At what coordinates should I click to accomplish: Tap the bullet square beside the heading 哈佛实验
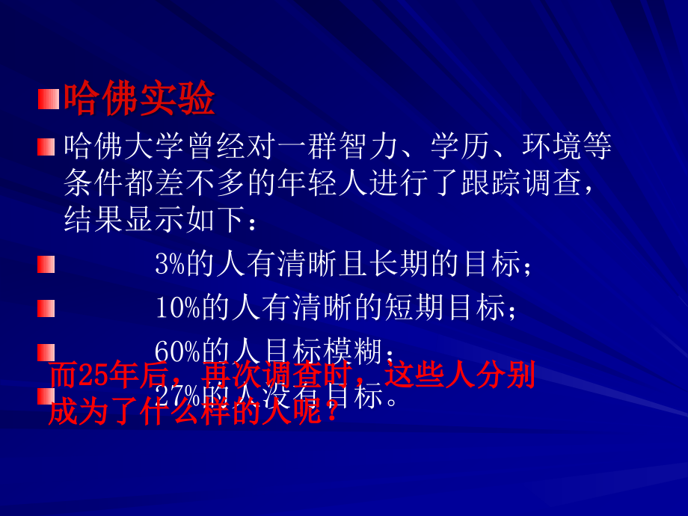tap(48, 99)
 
